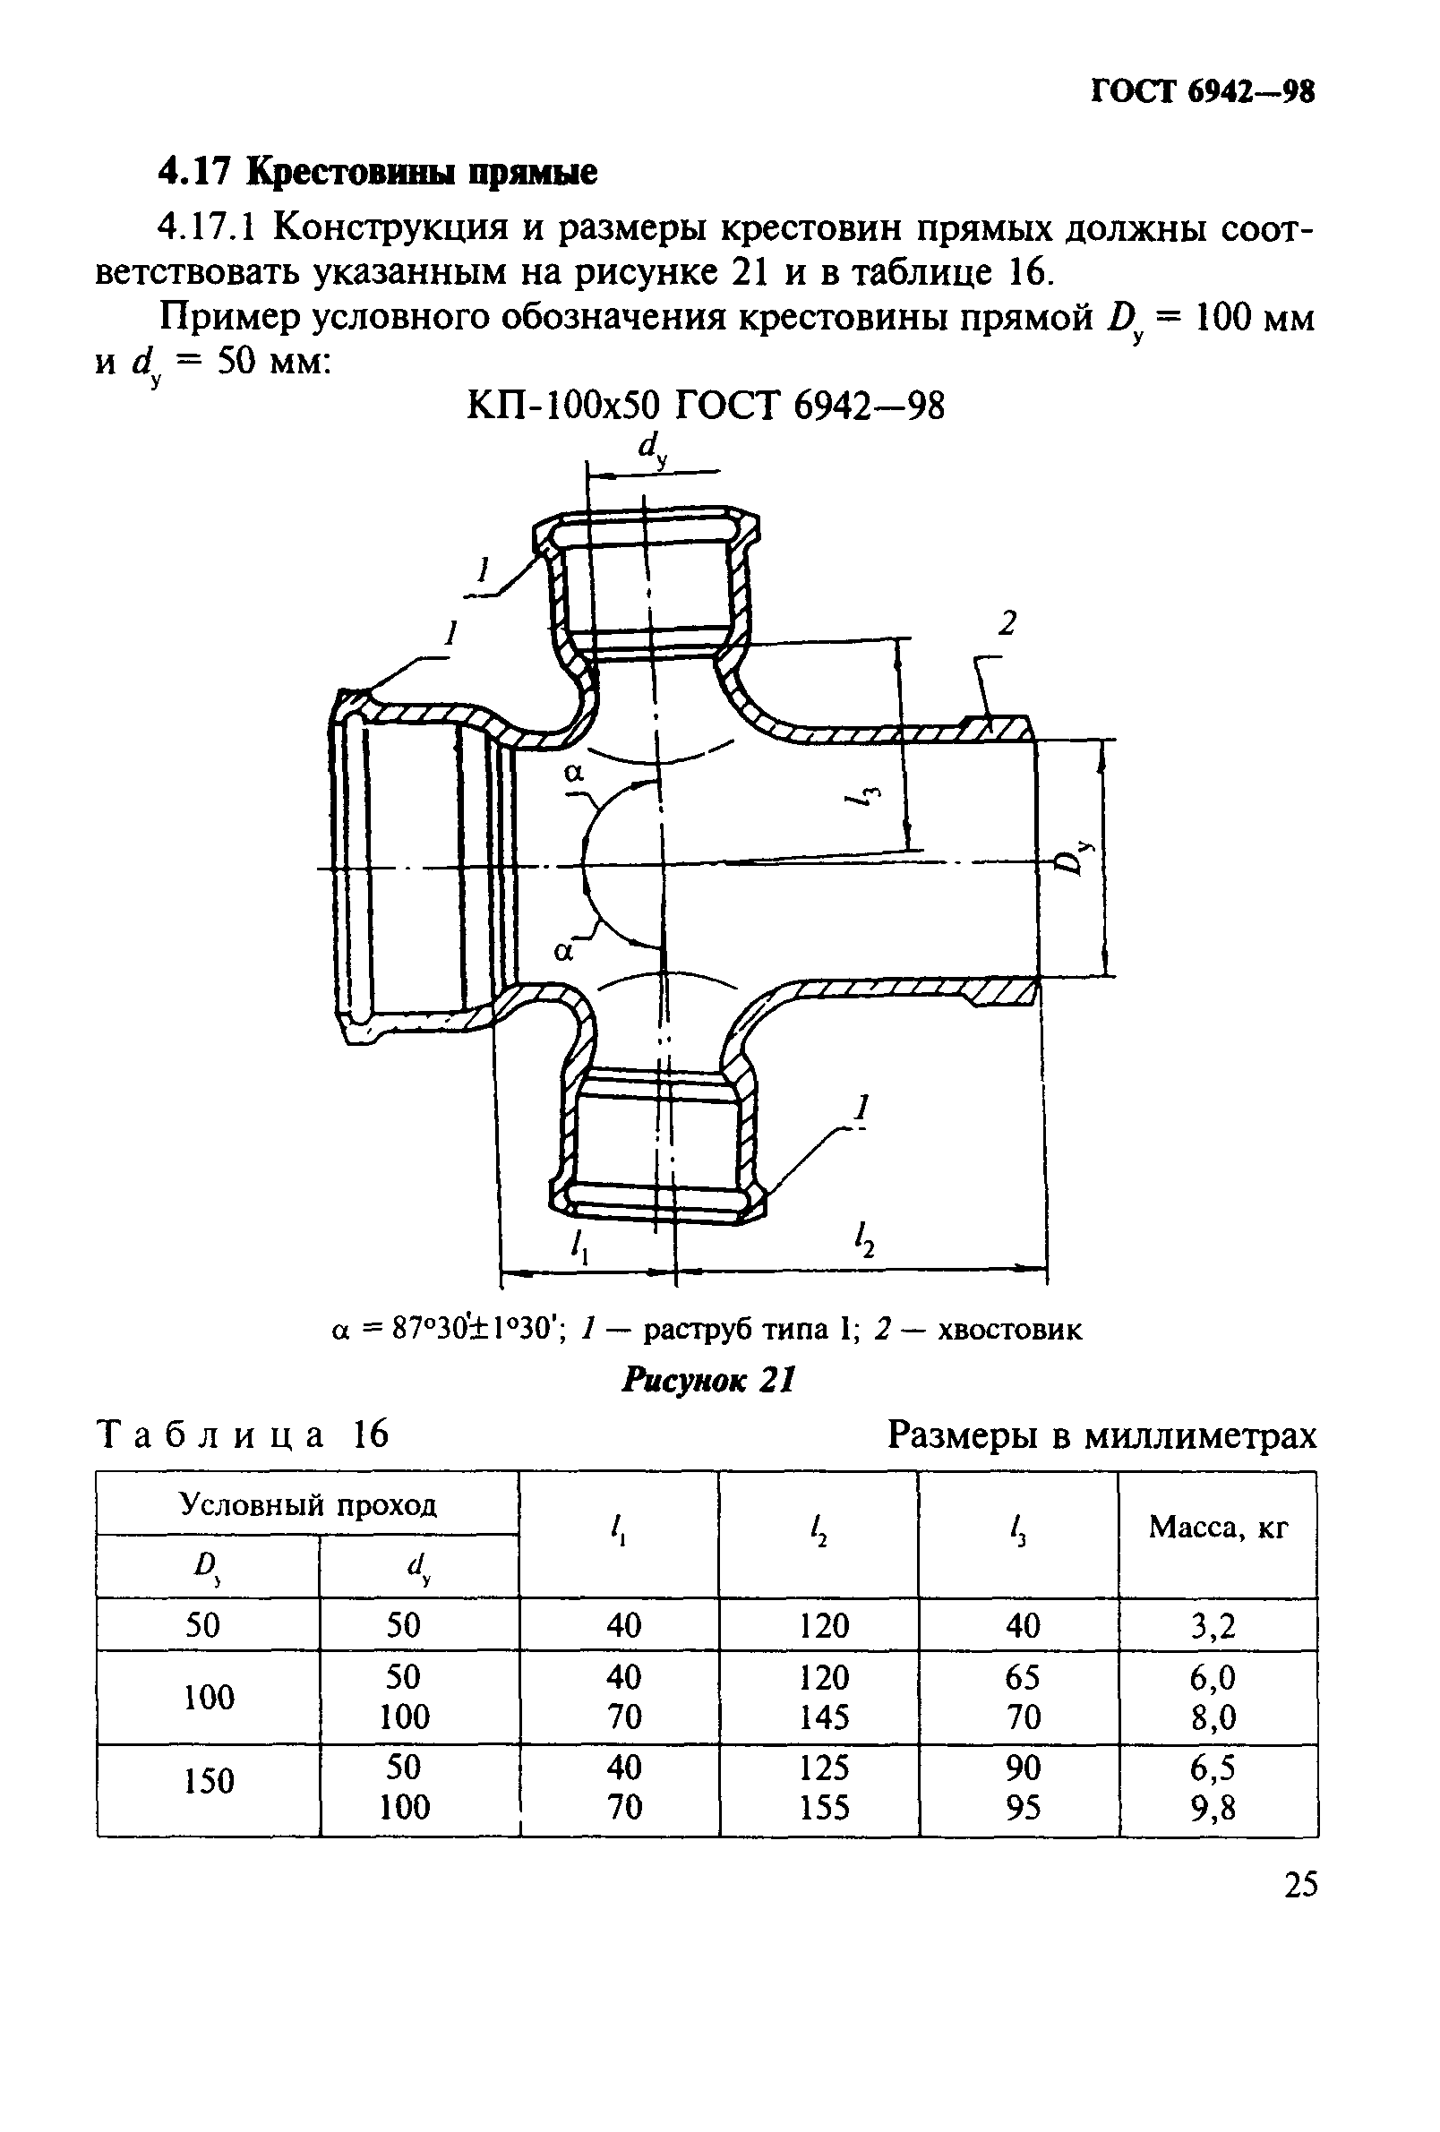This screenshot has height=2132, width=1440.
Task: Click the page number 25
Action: click(x=1299, y=1884)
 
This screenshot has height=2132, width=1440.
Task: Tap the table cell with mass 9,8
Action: click(x=1213, y=1807)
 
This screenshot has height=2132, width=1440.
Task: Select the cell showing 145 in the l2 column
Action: click(x=824, y=1716)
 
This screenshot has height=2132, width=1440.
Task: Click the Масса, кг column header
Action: click(x=1218, y=1527)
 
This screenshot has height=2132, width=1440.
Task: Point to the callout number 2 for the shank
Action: click(x=1007, y=625)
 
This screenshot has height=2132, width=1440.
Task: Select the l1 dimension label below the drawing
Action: click(x=579, y=1245)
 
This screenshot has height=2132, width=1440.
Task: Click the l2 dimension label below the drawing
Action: click(x=863, y=1241)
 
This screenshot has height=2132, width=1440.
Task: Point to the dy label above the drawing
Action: click(x=652, y=450)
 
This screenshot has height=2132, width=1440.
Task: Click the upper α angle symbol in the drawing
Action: click(x=574, y=774)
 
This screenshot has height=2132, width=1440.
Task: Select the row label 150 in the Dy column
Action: click(x=210, y=1781)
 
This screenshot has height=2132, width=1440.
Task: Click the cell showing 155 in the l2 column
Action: click(x=824, y=1807)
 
